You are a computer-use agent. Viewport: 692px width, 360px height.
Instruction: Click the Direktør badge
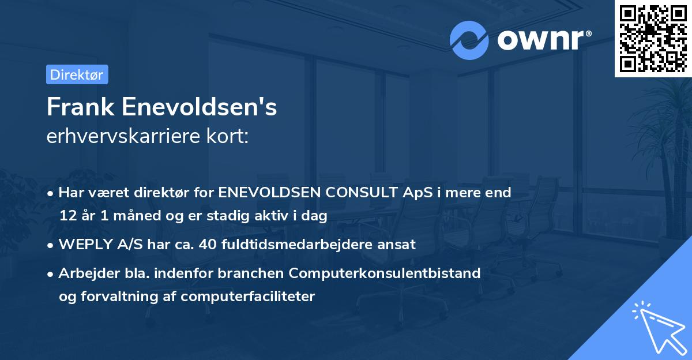point(77,74)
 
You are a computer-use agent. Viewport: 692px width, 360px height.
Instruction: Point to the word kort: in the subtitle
point(230,136)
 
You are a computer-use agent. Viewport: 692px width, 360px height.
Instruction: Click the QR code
point(653,38)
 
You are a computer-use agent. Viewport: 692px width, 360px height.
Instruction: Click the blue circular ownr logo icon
point(469,40)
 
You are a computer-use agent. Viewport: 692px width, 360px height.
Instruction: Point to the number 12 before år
point(67,216)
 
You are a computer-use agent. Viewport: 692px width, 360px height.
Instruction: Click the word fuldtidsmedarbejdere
point(294,245)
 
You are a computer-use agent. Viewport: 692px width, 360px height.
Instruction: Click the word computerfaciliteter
point(248,297)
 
